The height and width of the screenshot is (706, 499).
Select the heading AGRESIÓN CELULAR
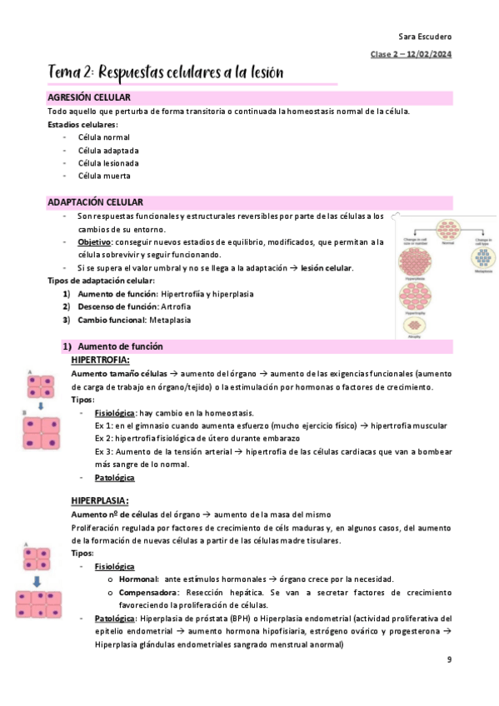click(87, 98)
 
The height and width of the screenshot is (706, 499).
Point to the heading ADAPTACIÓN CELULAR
click(95, 202)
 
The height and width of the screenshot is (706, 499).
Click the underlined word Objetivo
click(94, 241)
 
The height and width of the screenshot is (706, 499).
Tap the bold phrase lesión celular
click(327, 268)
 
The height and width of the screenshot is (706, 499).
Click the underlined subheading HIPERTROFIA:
click(100, 360)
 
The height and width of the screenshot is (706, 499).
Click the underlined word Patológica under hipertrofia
click(114, 478)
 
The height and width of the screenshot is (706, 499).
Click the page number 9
click(449, 660)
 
